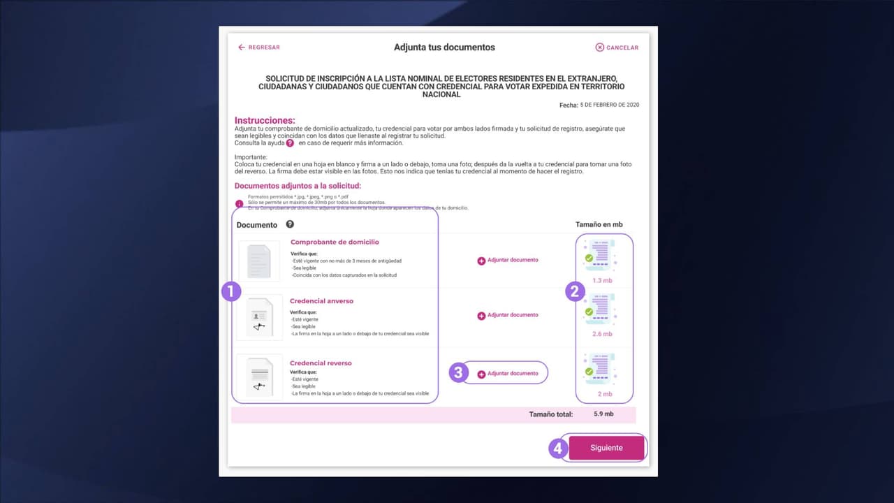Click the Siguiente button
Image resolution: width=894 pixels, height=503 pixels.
(x=606, y=448)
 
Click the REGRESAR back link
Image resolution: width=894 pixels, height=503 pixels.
(x=259, y=48)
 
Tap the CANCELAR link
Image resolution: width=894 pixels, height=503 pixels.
(x=617, y=48)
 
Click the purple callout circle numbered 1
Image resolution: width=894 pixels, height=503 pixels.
(x=231, y=291)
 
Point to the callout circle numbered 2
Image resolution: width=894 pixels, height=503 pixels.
(x=575, y=291)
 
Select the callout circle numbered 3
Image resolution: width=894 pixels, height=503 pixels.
(x=457, y=372)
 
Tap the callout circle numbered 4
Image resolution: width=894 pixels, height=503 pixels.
(x=557, y=448)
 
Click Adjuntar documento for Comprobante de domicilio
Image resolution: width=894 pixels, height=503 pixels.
(x=508, y=260)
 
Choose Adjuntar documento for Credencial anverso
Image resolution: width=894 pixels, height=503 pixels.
(x=508, y=315)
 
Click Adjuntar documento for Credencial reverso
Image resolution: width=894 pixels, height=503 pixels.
(x=508, y=374)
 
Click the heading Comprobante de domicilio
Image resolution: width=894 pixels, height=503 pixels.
(x=335, y=242)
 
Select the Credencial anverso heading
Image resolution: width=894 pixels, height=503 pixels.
(x=322, y=301)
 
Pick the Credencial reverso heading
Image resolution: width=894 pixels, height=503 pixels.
(x=321, y=363)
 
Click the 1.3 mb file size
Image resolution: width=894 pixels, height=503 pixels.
(x=602, y=280)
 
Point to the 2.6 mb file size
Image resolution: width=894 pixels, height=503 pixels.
(x=602, y=334)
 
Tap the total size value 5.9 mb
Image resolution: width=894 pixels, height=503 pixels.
(x=603, y=414)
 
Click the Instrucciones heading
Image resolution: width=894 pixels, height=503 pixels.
(x=265, y=121)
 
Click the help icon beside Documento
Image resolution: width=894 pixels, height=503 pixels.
(x=290, y=224)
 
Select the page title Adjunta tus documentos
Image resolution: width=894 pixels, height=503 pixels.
(x=444, y=48)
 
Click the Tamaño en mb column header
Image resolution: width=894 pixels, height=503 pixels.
(x=599, y=224)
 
